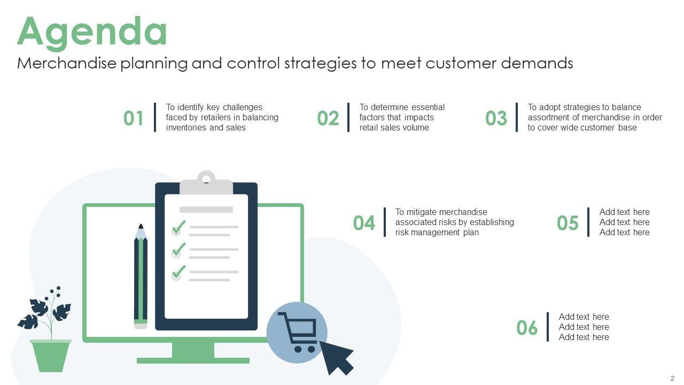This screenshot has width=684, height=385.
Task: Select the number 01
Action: coord(134,118)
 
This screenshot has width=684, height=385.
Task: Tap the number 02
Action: coord(328,118)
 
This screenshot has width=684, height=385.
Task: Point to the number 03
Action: coord(496,118)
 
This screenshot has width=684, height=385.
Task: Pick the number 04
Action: coord(364,223)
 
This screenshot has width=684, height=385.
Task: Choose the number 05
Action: coord(568,223)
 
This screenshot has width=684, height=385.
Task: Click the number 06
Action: coord(527,328)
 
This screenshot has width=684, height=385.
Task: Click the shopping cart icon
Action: coord(297,332)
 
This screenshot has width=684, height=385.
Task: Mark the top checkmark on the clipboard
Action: coord(179,227)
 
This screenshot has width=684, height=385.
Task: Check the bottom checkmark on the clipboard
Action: coord(179,272)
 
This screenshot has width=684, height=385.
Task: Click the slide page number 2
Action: coord(672,378)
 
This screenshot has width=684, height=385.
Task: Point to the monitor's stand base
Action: coord(193,360)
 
